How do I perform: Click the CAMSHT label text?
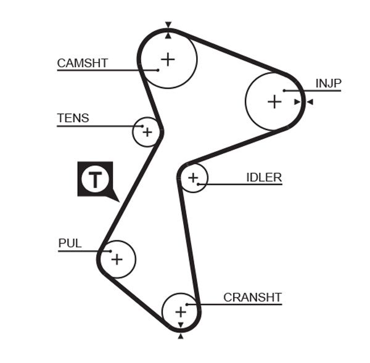pyautogui.click(x=82, y=63)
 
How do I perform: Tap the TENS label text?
pyautogui.click(x=73, y=118)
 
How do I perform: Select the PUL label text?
pyautogui.click(x=70, y=243)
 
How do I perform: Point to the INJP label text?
pyautogui.click(x=328, y=83)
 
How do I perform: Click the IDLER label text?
pyautogui.click(x=263, y=177)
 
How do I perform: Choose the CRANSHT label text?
pyautogui.click(x=252, y=297)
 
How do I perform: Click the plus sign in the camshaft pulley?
pyautogui.click(x=168, y=59)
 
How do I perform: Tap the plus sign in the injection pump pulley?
pyautogui.click(x=274, y=102)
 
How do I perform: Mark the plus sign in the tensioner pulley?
pyautogui.click(x=147, y=131)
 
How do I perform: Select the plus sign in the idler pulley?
pyautogui.click(x=194, y=178)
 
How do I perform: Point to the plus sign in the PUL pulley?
pyautogui.click(x=117, y=259)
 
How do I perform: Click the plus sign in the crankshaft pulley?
pyautogui.click(x=180, y=312)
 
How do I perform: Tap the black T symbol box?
pyautogui.click(x=95, y=179)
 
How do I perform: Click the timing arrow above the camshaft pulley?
pyautogui.click(x=168, y=25)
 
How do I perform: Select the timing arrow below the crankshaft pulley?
pyautogui.click(x=180, y=336)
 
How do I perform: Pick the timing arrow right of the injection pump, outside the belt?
pyautogui.click(x=310, y=102)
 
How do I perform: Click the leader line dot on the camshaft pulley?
pyautogui.click(x=158, y=70)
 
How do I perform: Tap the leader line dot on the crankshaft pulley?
pyautogui.click(x=187, y=304)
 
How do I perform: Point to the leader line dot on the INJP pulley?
pyautogui.click(x=284, y=91)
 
